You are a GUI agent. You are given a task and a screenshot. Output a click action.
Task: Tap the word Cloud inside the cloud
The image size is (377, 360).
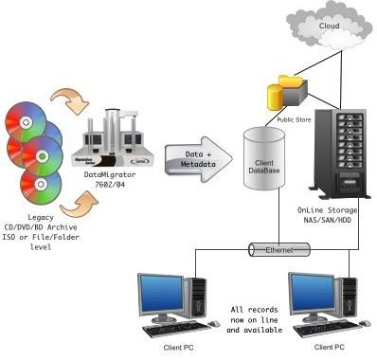click(328, 26)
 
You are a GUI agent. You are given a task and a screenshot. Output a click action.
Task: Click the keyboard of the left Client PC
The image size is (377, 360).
click(174, 333)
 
